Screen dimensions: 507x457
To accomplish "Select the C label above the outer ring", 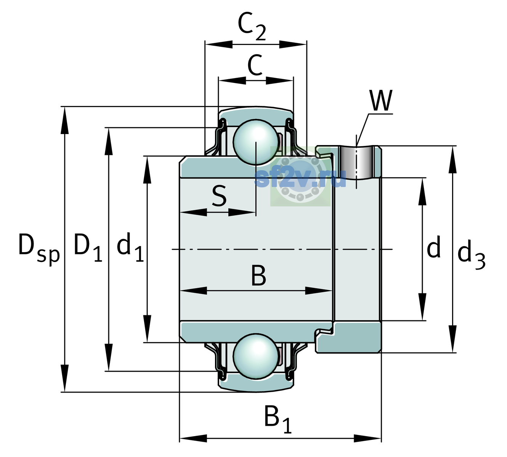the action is (255, 66).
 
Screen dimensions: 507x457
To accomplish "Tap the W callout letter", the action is (381, 100).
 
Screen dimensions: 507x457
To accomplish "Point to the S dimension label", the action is (219, 196).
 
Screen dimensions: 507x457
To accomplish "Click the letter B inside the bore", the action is (259, 275).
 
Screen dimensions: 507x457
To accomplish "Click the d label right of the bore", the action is (434, 246).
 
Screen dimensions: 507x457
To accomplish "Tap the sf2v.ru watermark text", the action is (300, 178).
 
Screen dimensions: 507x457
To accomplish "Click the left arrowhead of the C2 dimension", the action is (219, 45).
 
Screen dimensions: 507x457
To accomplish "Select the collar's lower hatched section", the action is (349, 337).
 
